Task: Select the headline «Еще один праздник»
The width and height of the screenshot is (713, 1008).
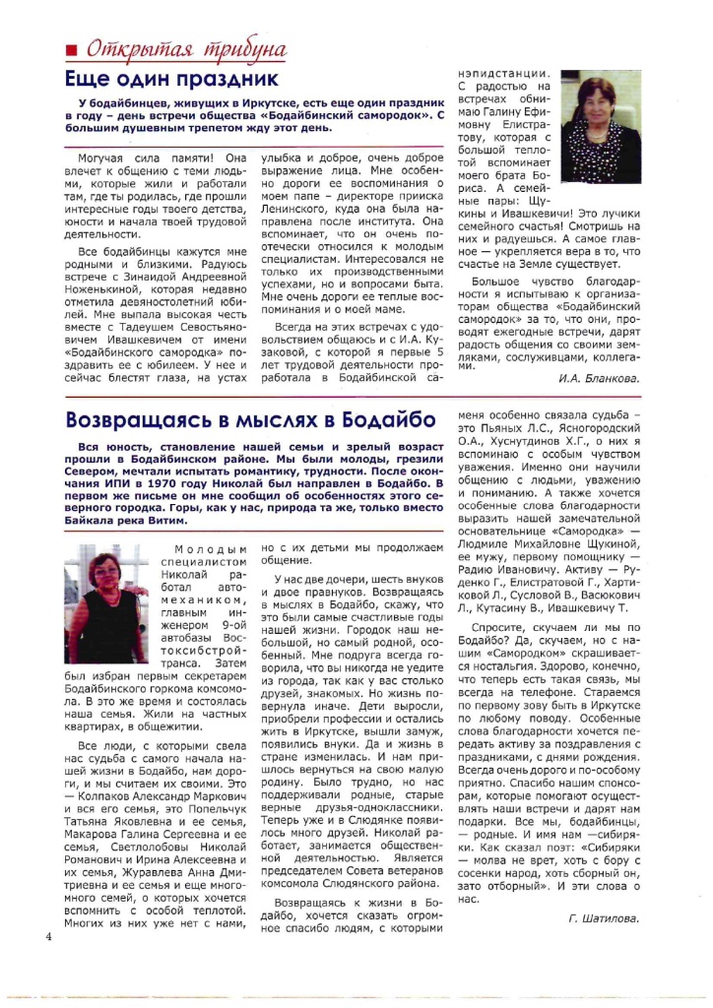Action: (x=171, y=79)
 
